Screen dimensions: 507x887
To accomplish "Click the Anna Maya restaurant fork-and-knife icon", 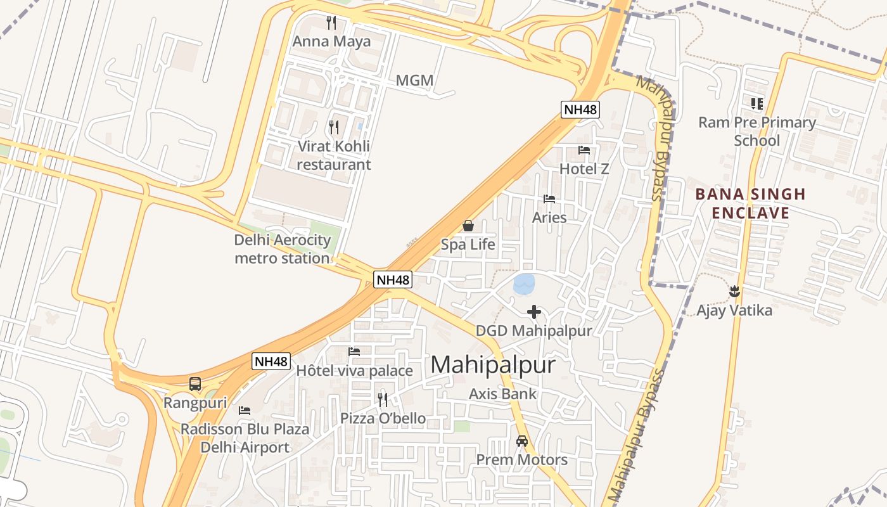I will [331, 23].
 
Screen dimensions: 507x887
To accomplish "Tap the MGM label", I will [414, 80].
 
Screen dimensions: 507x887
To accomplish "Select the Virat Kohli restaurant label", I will [334, 155].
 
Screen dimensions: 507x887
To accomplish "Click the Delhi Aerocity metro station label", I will [283, 249].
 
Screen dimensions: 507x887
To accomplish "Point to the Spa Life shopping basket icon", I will [468, 226].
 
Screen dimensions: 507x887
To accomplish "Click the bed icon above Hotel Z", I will [584, 150].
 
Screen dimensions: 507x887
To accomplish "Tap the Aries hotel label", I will [549, 217].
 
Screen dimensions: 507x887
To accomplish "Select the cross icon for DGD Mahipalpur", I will [534, 311].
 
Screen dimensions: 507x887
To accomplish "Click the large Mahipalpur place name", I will [493, 365].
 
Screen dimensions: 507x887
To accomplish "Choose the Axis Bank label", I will [502, 394].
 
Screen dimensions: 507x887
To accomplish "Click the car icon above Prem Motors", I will [522, 440].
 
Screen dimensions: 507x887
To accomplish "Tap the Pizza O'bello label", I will [383, 418].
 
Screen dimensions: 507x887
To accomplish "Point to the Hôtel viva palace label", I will [354, 371].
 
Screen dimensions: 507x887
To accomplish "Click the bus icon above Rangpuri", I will [195, 383].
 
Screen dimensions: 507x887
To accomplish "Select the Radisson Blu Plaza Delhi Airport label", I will [245, 438].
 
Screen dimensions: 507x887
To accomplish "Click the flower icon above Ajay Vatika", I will [734, 292].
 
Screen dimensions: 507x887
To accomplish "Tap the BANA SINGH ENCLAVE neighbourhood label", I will [750, 203].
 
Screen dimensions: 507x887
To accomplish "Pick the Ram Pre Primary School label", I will [757, 131].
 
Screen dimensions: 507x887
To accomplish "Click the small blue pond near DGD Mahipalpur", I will [525, 285].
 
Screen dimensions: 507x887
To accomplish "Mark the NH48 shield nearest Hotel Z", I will [580, 110].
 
